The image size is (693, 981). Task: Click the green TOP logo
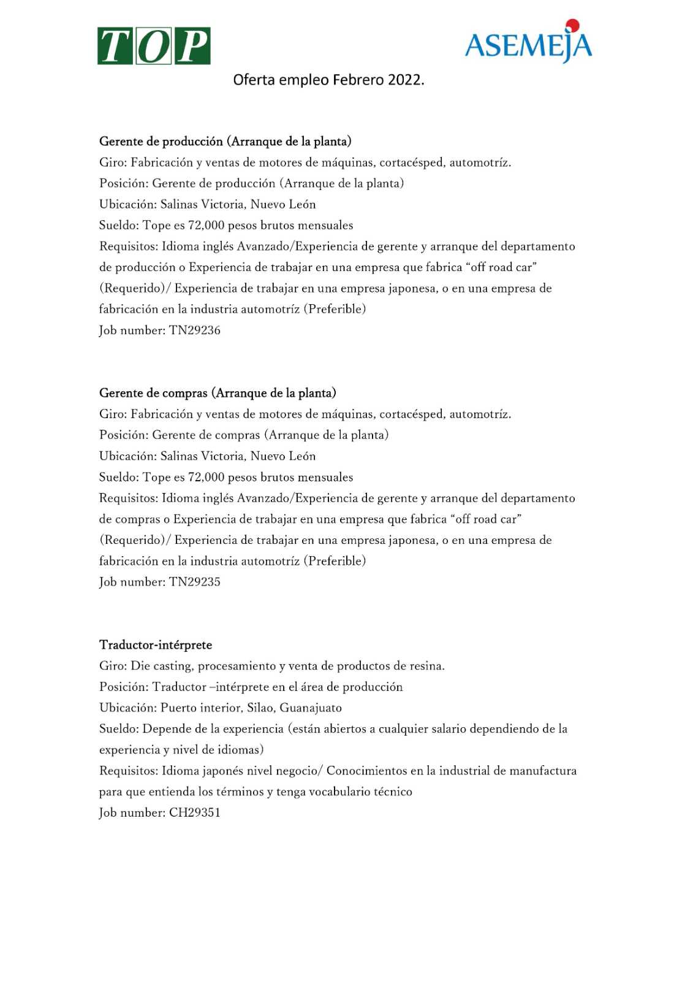point(154,46)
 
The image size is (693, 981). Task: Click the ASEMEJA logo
point(528,44)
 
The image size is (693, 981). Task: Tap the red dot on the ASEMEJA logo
point(572,25)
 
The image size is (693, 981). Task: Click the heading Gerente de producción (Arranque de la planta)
point(225,142)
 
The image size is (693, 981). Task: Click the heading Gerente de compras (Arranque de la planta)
point(218,393)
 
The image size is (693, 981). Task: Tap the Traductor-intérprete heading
point(156,645)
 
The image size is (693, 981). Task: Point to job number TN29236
point(195,330)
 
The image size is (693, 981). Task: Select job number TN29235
point(195,582)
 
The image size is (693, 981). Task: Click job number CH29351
point(195,813)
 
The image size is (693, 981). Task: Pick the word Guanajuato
point(311,708)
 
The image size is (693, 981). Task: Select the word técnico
point(390,792)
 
